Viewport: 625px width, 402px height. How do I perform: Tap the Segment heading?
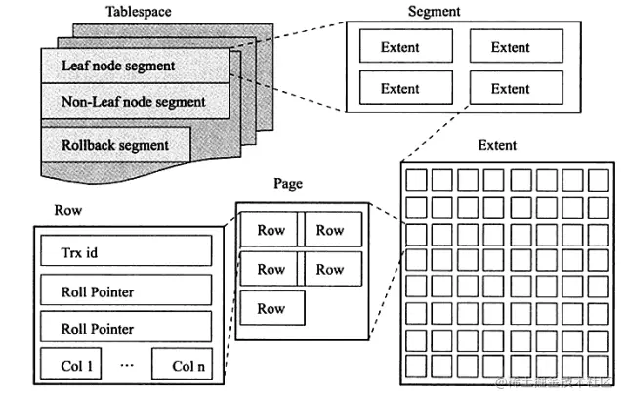[433, 12]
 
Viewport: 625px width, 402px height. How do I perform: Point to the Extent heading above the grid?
[497, 146]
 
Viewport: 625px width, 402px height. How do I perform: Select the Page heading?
[288, 184]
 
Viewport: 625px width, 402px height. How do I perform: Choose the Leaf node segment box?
[135, 67]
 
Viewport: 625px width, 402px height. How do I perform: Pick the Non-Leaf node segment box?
[135, 102]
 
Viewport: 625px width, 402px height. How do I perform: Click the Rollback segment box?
[115, 145]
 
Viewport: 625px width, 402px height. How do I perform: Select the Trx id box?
[124, 252]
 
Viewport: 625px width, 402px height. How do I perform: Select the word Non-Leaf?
[90, 102]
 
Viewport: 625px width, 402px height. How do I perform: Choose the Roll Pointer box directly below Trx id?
[124, 290]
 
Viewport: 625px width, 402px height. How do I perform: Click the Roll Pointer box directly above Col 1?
[124, 328]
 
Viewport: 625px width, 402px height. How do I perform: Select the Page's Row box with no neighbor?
[272, 308]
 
